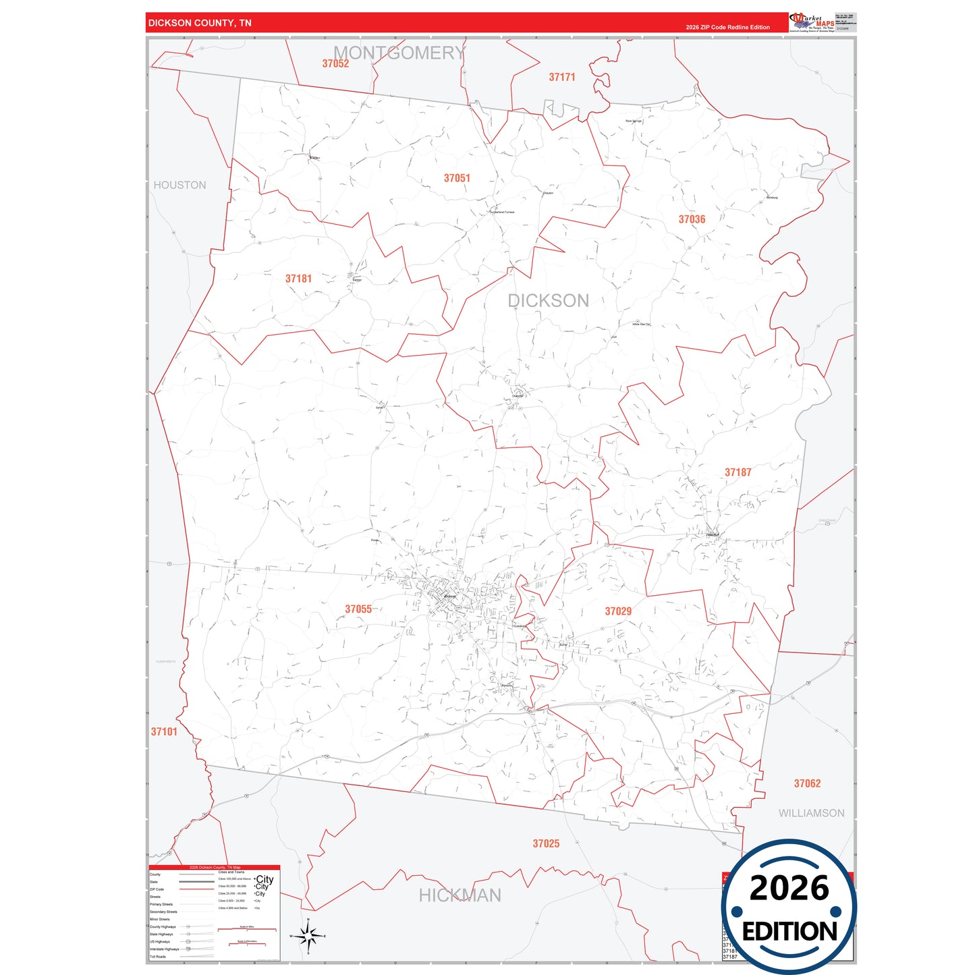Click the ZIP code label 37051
point(457,178)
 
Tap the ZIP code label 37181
point(298,279)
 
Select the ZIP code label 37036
point(692,219)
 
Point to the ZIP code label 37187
point(737,472)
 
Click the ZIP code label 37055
point(358,609)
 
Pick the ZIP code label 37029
point(618,611)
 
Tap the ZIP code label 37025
point(546,843)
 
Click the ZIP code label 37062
point(807,783)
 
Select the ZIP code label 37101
point(164,731)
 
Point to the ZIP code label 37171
point(562,77)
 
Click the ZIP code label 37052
point(335,63)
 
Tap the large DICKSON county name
point(548,301)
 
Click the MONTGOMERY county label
point(399,53)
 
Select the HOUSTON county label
point(179,185)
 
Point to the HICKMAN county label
point(460,895)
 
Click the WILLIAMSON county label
point(811,813)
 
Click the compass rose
point(308,936)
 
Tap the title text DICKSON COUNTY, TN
point(200,23)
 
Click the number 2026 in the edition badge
point(789,888)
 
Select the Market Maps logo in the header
point(812,22)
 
